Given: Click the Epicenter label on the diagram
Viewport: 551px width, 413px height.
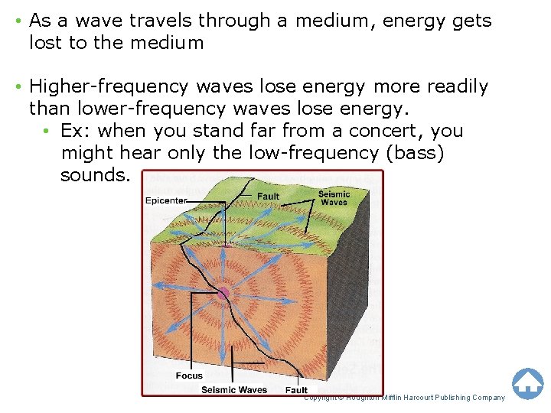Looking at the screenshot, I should (x=166, y=201).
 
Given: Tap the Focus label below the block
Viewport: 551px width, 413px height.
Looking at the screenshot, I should (x=189, y=376).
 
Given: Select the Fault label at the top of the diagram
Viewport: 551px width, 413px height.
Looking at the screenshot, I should (x=268, y=196).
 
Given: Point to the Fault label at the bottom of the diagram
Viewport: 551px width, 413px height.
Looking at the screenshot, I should (x=296, y=390).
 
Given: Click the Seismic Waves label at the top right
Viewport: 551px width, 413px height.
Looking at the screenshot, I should (x=334, y=198).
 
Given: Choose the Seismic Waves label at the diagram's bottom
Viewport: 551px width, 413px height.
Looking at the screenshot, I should (x=234, y=390).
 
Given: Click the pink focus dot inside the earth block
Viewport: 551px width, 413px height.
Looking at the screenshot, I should (x=223, y=293).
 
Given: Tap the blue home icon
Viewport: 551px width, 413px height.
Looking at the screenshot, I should (x=527, y=383).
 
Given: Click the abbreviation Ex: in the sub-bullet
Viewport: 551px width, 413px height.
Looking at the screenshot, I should (x=76, y=131).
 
